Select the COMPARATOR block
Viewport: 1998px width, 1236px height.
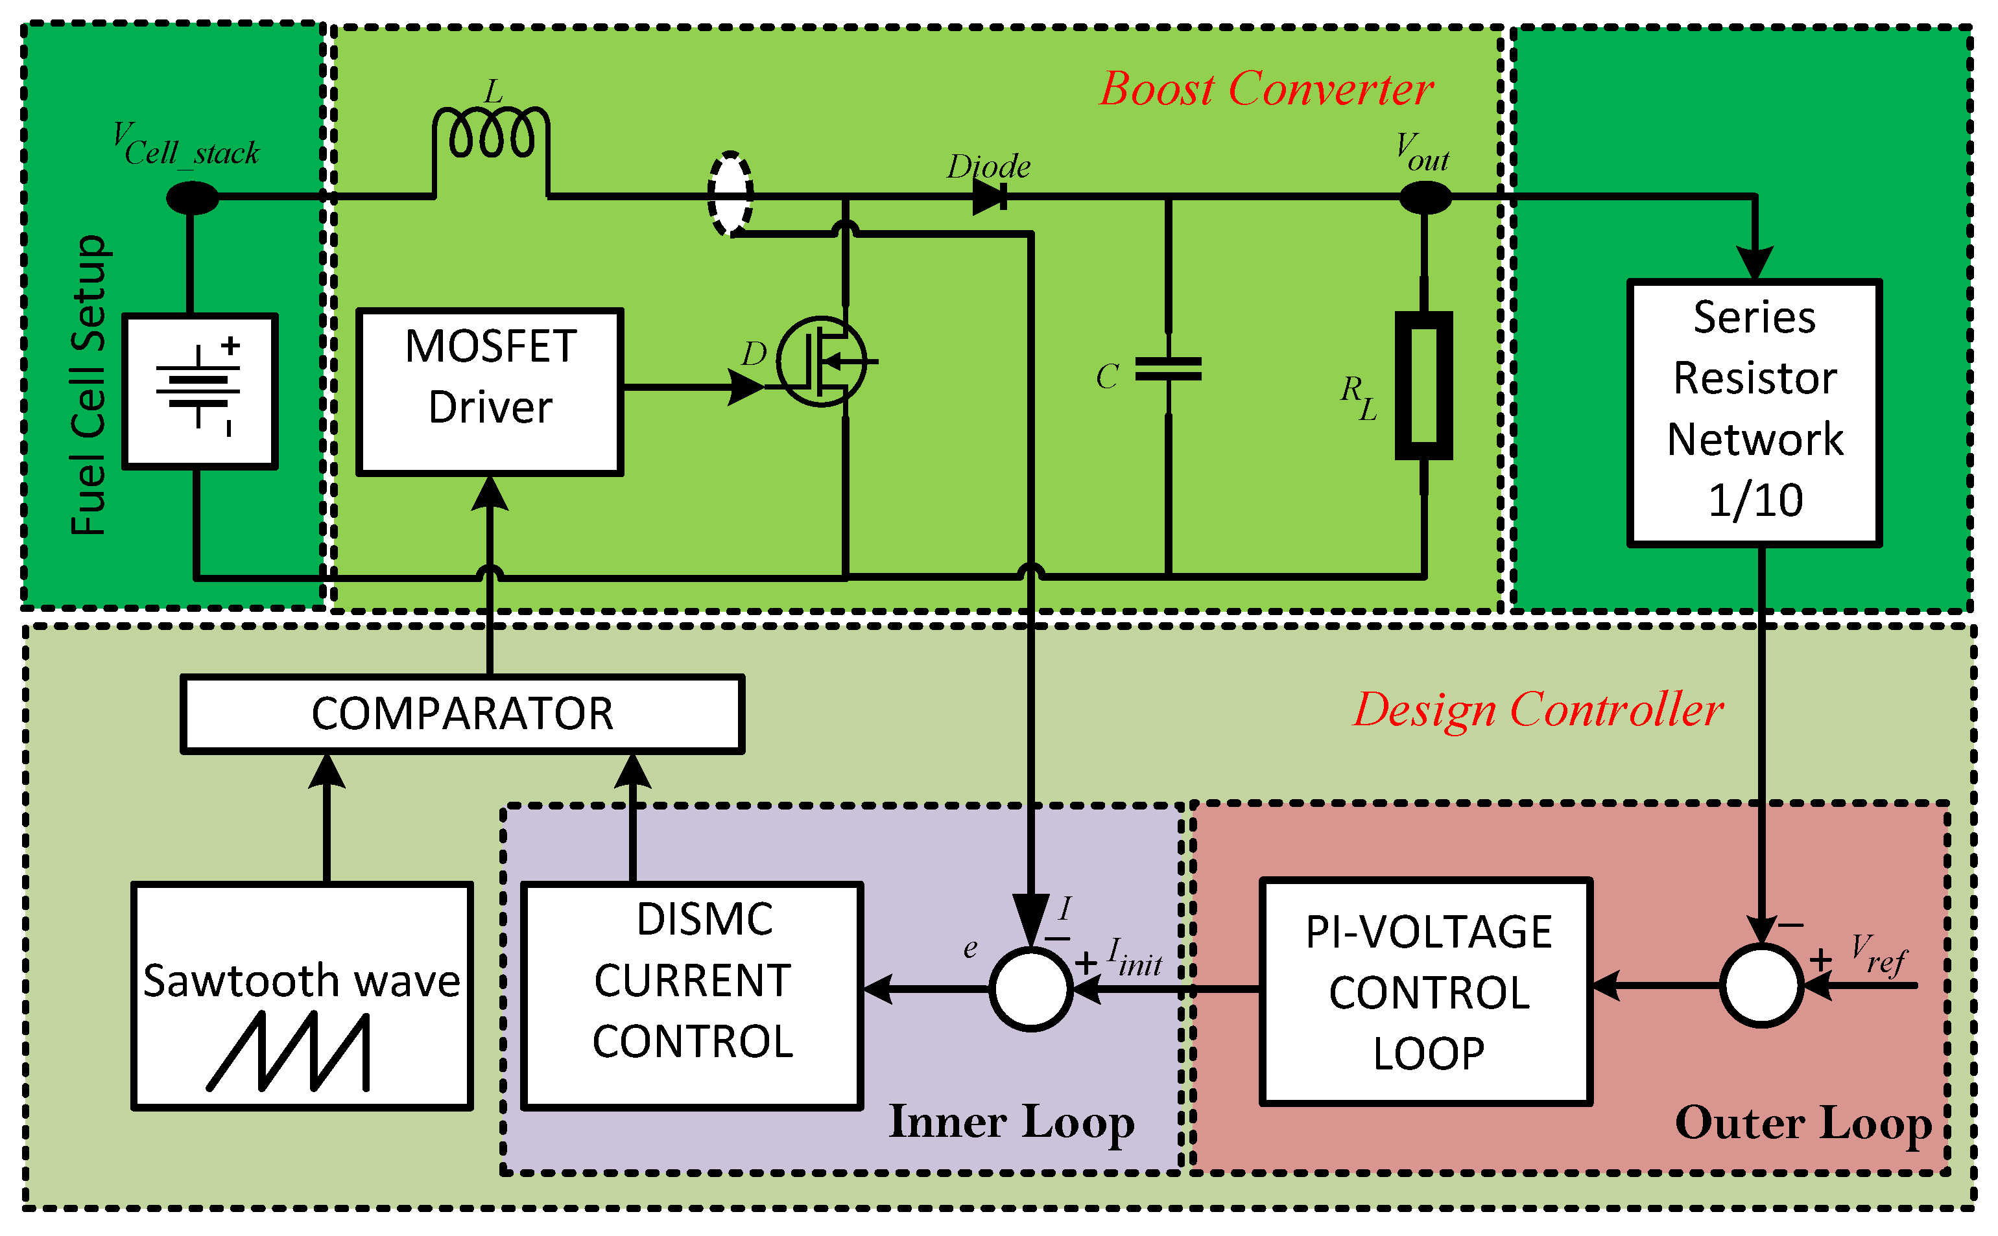pyautogui.click(x=462, y=714)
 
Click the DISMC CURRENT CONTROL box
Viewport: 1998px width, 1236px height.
pyautogui.click(x=692, y=996)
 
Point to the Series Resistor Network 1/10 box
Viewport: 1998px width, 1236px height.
pyautogui.click(x=1754, y=413)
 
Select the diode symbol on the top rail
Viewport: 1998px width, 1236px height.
pyautogui.click(x=989, y=196)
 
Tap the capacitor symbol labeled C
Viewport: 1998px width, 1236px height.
pyautogui.click(x=1168, y=369)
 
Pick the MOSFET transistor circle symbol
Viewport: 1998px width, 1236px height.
pyautogui.click(x=821, y=360)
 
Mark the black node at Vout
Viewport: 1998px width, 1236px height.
pyautogui.click(x=1425, y=197)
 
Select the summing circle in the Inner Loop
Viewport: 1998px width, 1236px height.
pyautogui.click(x=1030, y=989)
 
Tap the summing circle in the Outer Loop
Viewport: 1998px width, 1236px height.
pyautogui.click(x=1761, y=986)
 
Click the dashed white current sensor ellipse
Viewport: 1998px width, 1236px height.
pyautogui.click(x=730, y=194)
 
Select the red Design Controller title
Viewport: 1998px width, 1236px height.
pyautogui.click(x=1538, y=710)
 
